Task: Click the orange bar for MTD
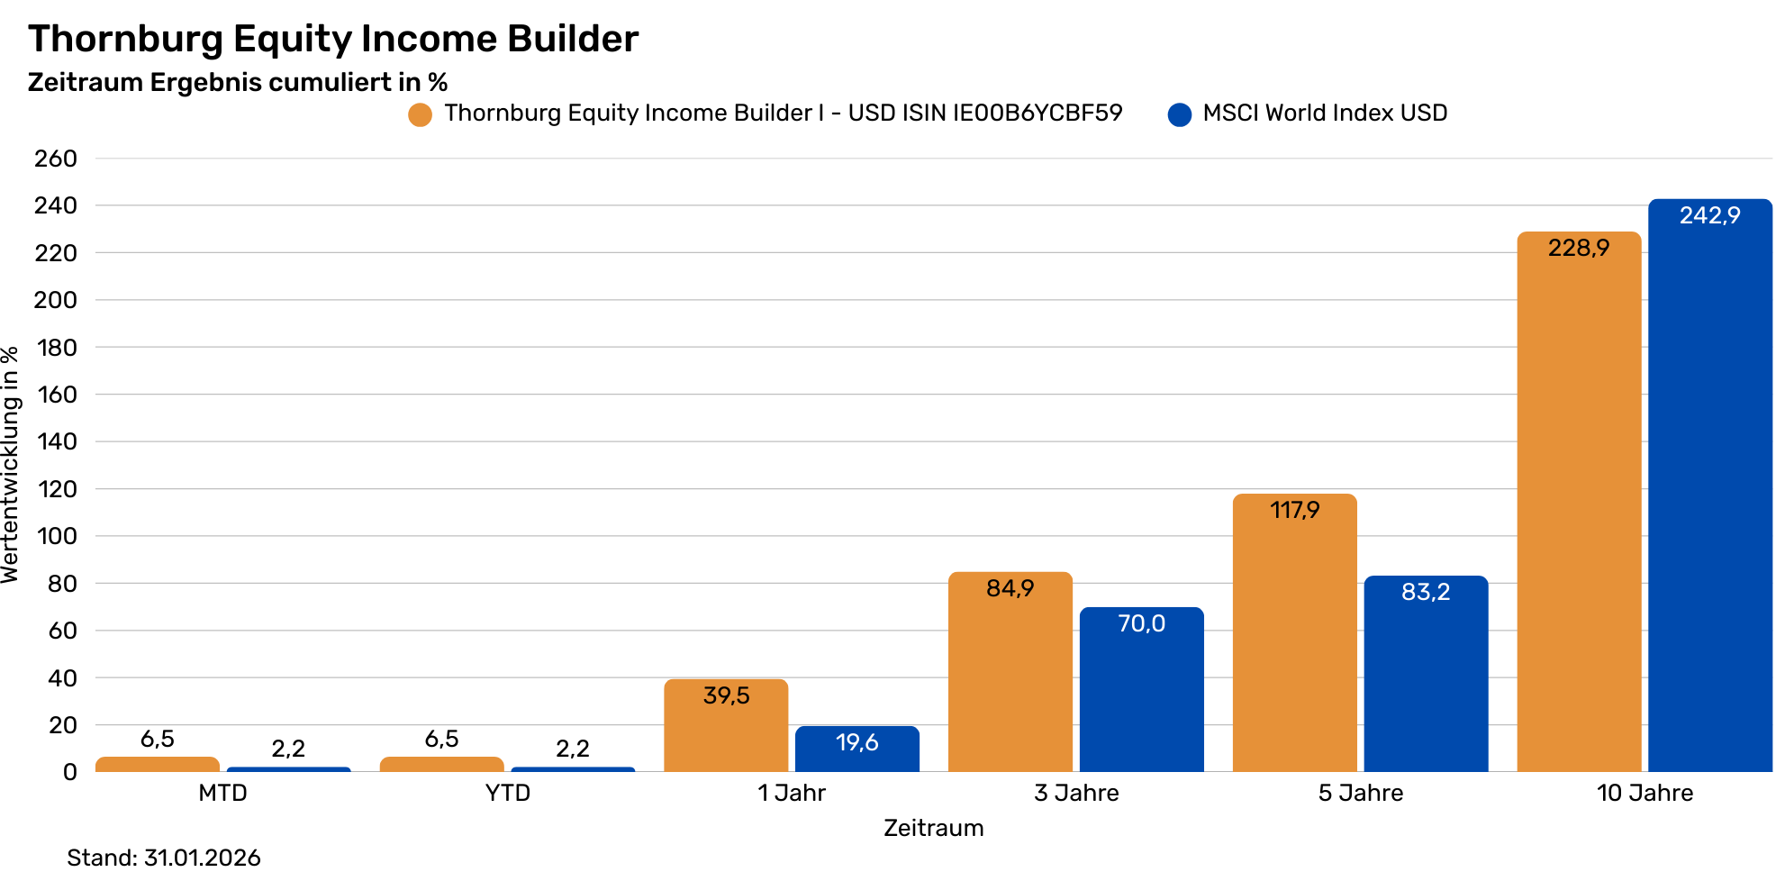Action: pyautogui.click(x=158, y=765)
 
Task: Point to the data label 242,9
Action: pyautogui.click(x=1709, y=215)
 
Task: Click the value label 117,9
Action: pyautogui.click(x=1294, y=511)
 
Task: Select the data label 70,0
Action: pyautogui.click(x=1141, y=623)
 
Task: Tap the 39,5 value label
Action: pyautogui.click(x=726, y=695)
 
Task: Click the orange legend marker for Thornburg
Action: pyautogui.click(x=420, y=114)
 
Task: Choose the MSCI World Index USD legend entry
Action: pyautogui.click(x=1325, y=114)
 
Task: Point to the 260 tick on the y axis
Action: pyautogui.click(x=56, y=159)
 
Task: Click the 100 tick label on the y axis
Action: pyautogui.click(x=56, y=536)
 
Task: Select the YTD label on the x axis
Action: pyautogui.click(x=508, y=793)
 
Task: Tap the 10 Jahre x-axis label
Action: pyautogui.click(x=1645, y=793)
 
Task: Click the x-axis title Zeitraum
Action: pyautogui.click(x=933, y=828)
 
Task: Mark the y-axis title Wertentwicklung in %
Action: pyautogui.click(x=10, y=465)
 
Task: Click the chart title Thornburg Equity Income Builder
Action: pyautogui.click(x=333, y=39)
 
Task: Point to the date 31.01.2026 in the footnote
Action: pyautogui.click(x=202, y=858)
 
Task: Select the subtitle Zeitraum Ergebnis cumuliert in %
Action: pyautogui.click(x=238, y=83)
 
